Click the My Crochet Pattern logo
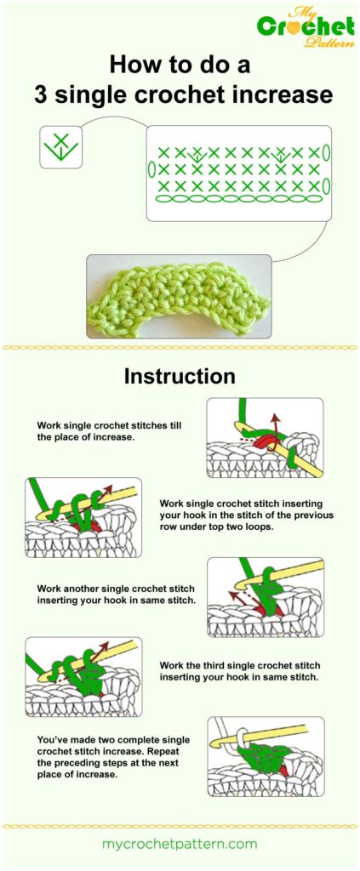(x=306, y=28)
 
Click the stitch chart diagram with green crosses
(x=237, y=174)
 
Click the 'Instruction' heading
(x=180, y=375)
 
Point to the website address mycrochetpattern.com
(x=180, y=844)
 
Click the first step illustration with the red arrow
(x=265, y=437)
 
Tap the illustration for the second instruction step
(x=83, y=517)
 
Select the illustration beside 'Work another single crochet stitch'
(x=265, y=597)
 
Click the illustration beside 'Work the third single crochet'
(x=83, y=677)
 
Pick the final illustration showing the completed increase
(x=265, y=756)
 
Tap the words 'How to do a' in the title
(x=180, y=65)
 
